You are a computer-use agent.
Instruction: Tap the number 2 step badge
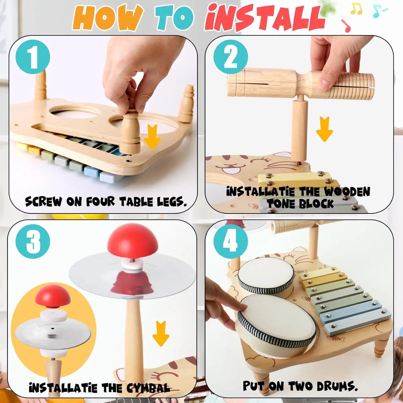tap(230, 57)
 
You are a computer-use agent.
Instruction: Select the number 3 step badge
tap(33, 241)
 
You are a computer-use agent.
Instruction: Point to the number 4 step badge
tap(230, 241)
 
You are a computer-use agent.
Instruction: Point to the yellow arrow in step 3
tap(161, 333)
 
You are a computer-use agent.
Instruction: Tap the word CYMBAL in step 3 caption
tap(148, 388)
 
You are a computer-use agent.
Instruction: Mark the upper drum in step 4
tap(266, 275)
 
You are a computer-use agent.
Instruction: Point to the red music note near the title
tap(346, 26)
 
